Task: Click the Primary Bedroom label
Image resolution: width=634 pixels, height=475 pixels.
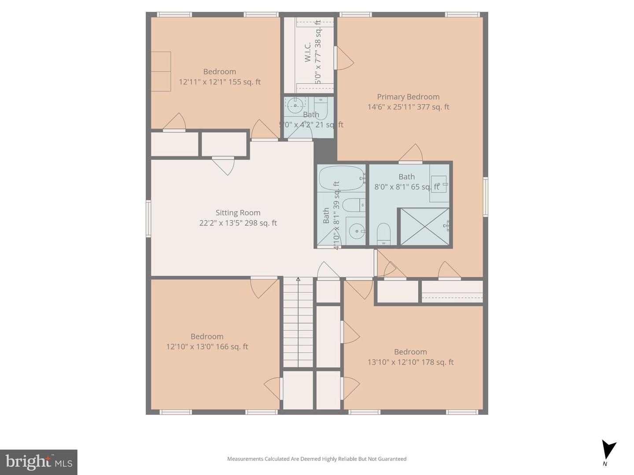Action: (x=408, y=97)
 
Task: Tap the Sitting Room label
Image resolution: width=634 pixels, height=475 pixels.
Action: (x=238, y=212)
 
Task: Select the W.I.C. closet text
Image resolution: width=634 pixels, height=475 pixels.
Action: (x=308, y=51)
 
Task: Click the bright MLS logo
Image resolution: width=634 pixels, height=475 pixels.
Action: (x=39, y=462)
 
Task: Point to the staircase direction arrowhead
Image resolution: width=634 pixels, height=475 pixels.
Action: (x=298, y=279)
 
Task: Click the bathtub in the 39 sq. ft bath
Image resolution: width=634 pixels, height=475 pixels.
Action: (x=341, y=178)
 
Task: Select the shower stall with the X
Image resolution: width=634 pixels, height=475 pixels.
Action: (x=424, y=227)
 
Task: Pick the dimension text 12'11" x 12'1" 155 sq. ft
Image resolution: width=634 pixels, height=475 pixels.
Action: (x=219, y=82)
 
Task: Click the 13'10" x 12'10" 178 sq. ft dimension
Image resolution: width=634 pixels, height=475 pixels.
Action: (x=410, y=362)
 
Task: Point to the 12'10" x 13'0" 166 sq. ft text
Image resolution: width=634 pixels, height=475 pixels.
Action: (x=207, y=347)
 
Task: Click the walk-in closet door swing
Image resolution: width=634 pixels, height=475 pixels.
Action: (x=344, y=58)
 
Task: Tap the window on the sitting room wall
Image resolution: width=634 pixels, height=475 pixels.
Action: (x=148, y=219)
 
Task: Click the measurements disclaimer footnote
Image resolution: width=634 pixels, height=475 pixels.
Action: (x=317, y=459)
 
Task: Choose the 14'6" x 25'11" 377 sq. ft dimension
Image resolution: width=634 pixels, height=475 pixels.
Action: (x=408, y=107)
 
